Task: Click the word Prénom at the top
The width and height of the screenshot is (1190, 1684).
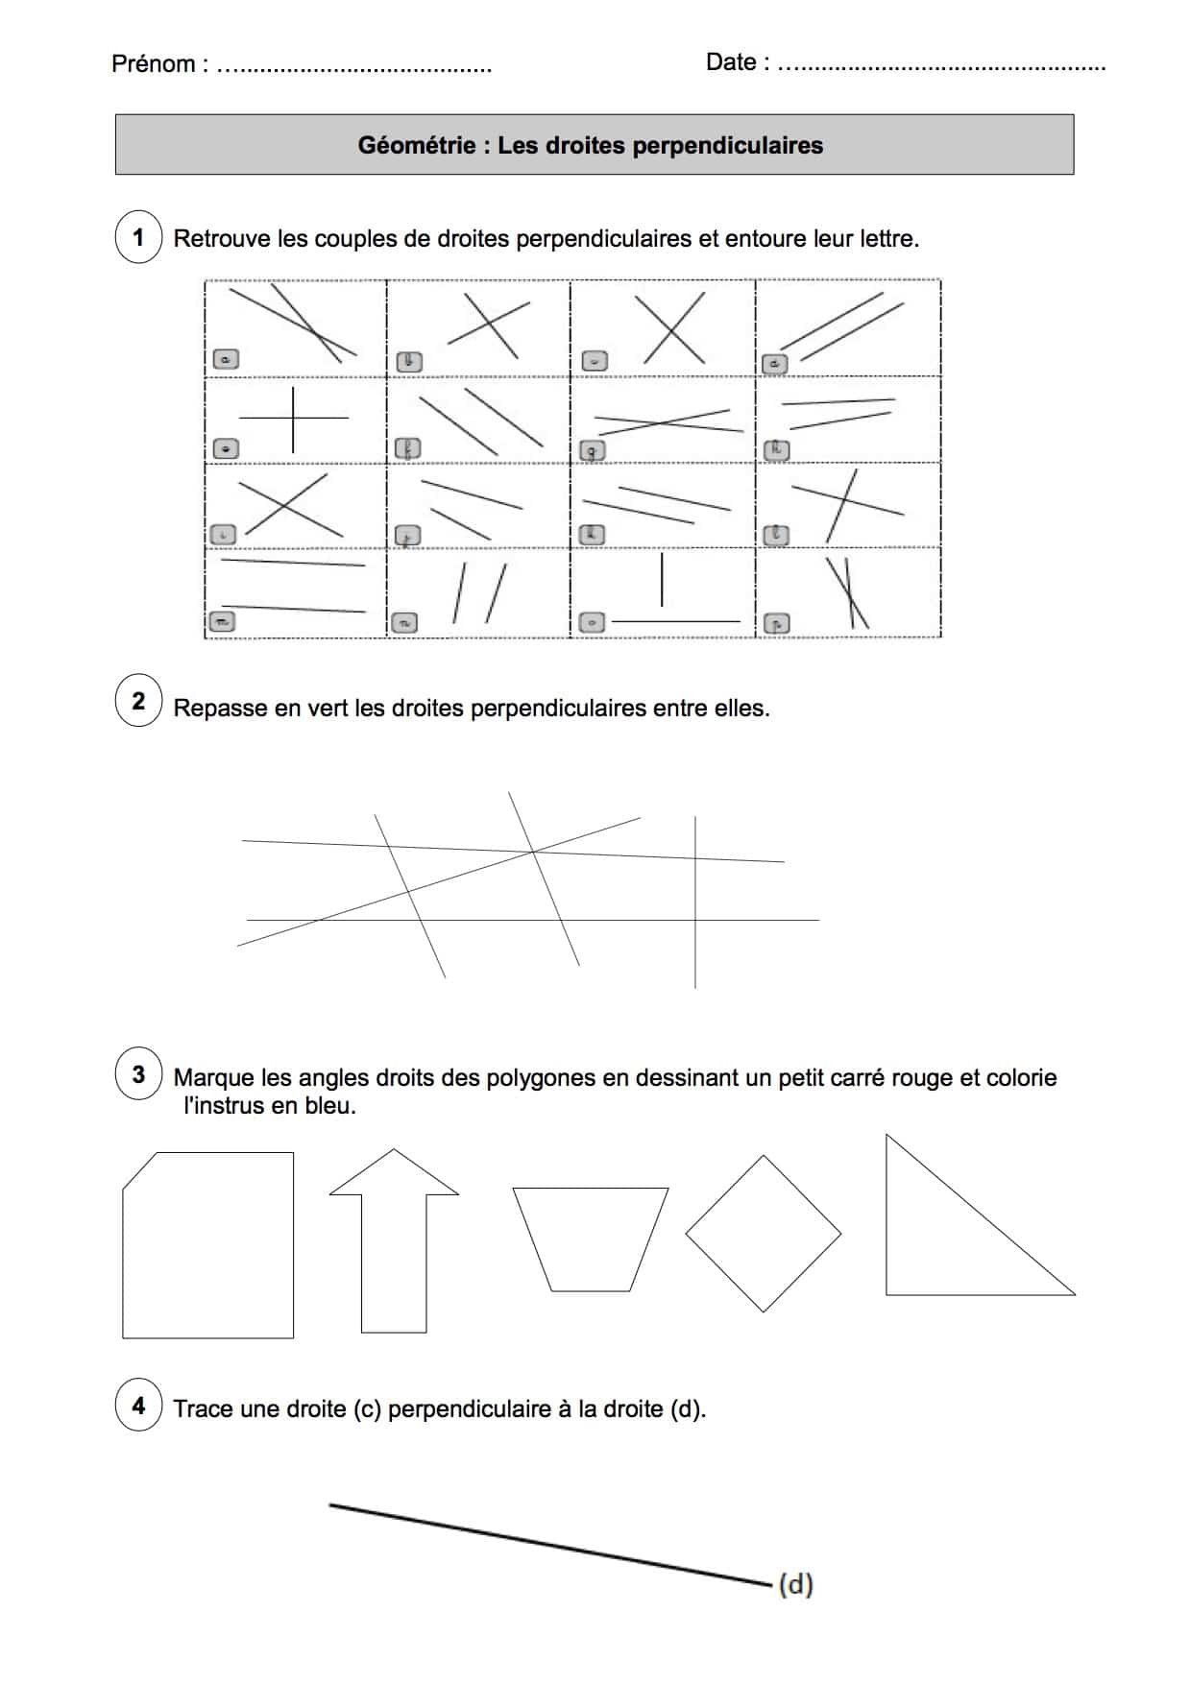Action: coord(153,64)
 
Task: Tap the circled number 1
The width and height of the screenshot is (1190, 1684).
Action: coord(138,237)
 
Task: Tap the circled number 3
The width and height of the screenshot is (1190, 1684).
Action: coord(138,1073)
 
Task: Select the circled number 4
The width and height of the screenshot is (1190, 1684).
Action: coord(138,1406)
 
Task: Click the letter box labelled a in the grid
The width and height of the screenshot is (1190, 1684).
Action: coord(226,359)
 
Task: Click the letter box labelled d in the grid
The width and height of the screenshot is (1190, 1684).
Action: coord(774,364)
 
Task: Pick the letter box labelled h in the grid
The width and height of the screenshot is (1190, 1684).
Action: coord(776,448)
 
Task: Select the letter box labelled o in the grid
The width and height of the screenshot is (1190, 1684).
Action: coord(593,623)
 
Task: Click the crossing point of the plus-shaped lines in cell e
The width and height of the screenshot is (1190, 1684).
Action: coord(293,418)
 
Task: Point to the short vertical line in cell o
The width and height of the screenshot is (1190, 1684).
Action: coord(662,580)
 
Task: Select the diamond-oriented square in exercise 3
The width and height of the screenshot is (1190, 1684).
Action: coord(764,1234)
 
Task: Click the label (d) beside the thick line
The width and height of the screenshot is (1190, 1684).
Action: coord(795,1584)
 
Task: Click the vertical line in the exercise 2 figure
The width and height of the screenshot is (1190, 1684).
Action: coord(694,960)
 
